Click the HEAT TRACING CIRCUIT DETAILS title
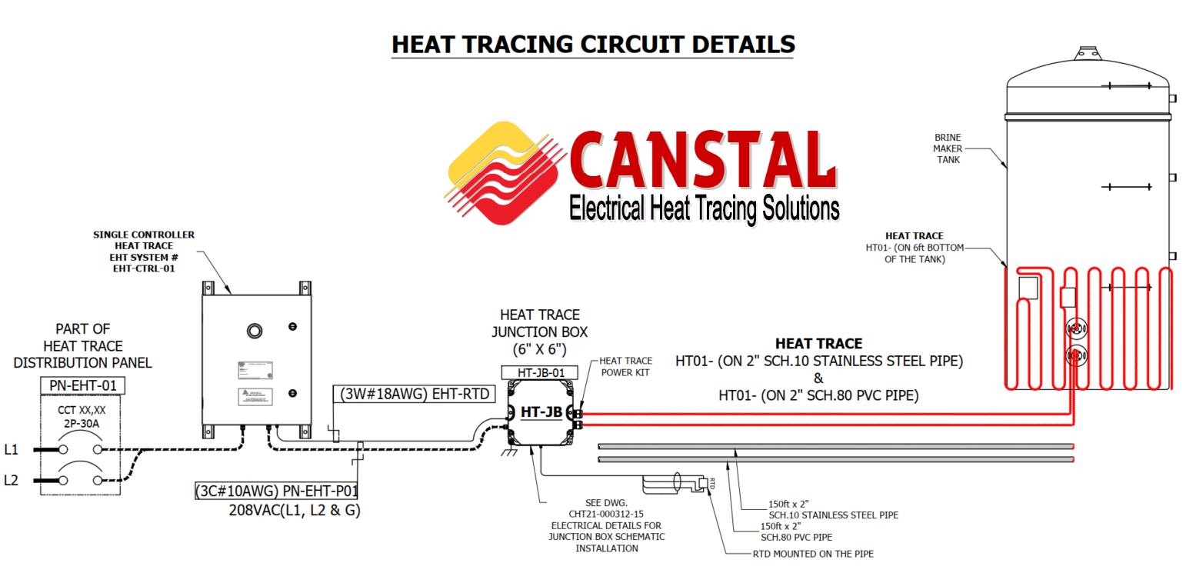pos(593,45)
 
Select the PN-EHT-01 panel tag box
pos(82,385)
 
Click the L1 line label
pos(11,450)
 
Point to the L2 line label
pos(11,481)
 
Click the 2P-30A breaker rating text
pos(82,424)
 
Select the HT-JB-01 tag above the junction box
pos(539,372)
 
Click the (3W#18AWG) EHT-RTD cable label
pos(415,394)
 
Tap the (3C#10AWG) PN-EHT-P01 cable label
pos(277,491)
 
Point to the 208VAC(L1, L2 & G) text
pos(295,509)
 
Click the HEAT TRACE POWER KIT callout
pos(625,366)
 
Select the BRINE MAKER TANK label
pos(948,148)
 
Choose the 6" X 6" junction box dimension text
pos(539,349)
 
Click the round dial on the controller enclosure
pos(255,331)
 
